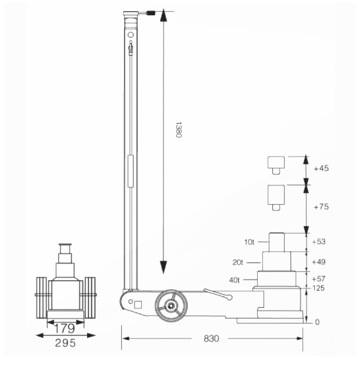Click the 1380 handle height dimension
[x=178, y=130]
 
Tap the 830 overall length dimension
[x=211, y=338]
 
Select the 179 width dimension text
[x=65, y=328]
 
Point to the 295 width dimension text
[x=65, y=343]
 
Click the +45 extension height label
[x=321, y=168]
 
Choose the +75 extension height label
[x=321, y=207]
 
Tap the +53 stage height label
[x=319, y=242]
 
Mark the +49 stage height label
[x=319, y=262]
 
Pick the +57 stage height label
[x=319, y=279]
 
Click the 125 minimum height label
[x=318, y=288]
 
